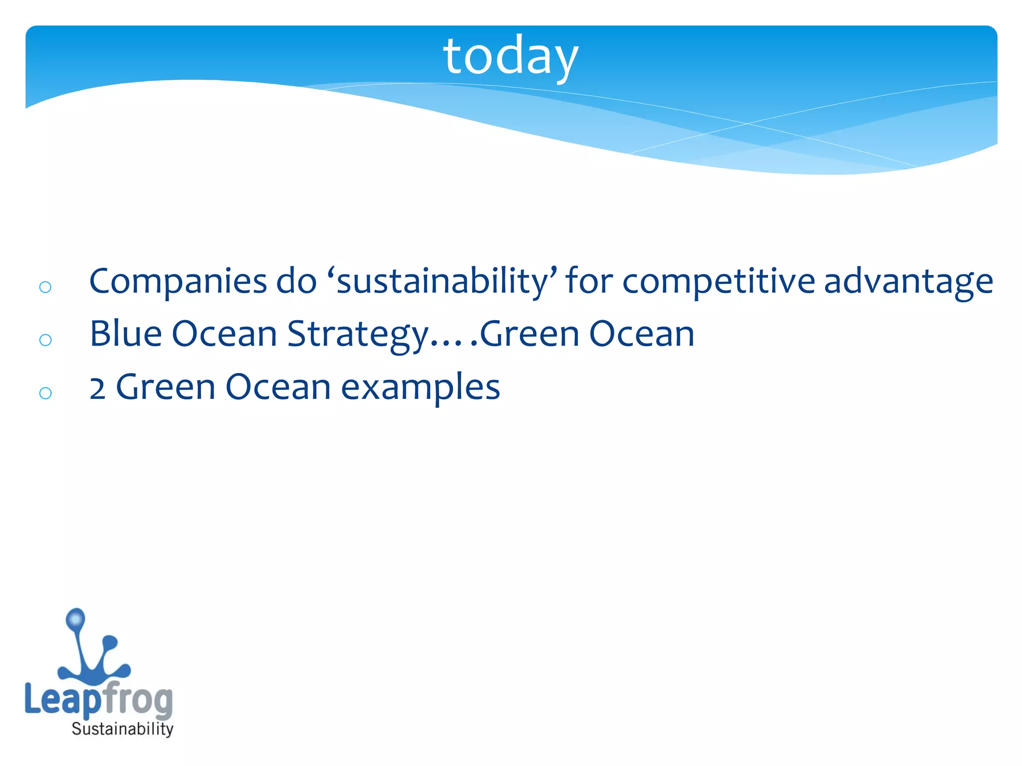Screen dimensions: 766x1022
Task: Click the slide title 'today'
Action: click(510, 56)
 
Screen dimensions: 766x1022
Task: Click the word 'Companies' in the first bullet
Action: click(178, 281)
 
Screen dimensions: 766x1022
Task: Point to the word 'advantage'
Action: click(908, 281)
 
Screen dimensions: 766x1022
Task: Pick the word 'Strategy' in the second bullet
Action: click(357, 334)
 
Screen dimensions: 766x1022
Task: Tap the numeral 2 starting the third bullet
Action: click(97, 388)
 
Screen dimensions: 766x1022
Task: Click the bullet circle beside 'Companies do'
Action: click(45, 287)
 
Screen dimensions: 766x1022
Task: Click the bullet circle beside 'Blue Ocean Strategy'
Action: click(45, 340)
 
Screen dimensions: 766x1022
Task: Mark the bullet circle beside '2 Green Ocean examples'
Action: click(45, 393)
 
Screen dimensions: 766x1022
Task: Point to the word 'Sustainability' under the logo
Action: click(122, 729)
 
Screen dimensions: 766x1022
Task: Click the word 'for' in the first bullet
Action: click(589, 281)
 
